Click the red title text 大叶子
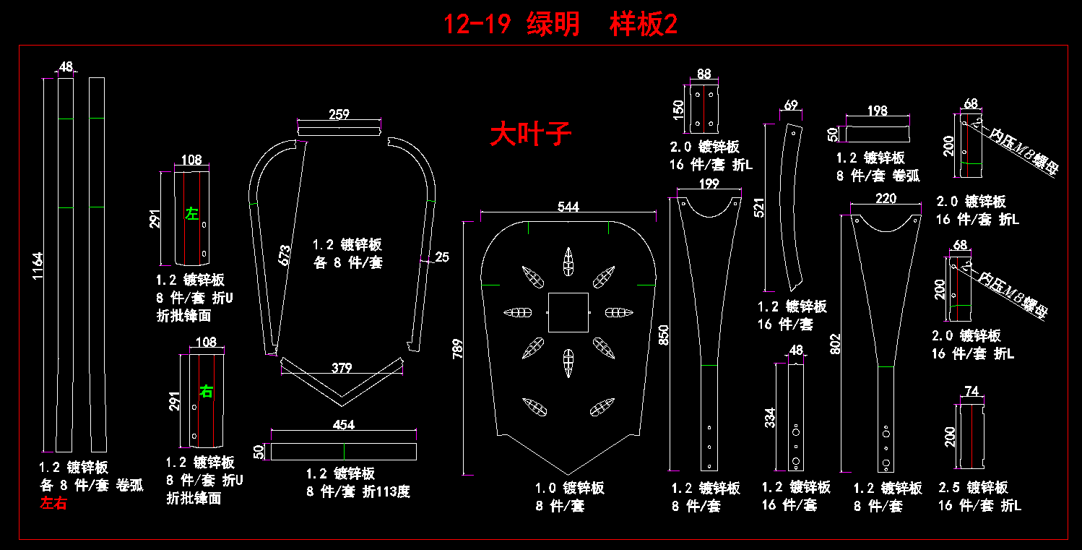tap(530, 134)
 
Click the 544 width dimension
tap(568, 207)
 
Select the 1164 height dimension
tap(38, 267)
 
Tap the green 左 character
tap(191, 214)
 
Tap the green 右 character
tap(207, 392)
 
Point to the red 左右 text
tap(53, 504)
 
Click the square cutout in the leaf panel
tap(568, 312)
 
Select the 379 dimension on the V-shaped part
tap(342, 368)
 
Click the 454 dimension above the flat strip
tap(344, 426)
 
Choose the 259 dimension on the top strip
tap(339, 114)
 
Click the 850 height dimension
tap(665, 333)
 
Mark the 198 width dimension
tap(878, 111)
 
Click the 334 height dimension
tap(771, 418)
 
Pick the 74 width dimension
tap(971, 392)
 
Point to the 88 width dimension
tap(704, 74)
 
